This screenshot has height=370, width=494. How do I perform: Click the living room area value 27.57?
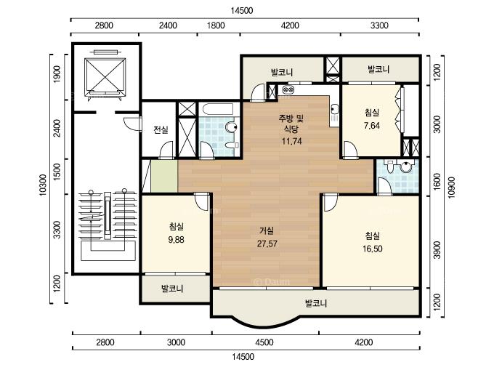coord(267,244)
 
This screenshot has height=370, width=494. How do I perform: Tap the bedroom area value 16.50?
coord(373,249)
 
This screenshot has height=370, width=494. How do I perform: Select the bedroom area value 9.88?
coord(176,240)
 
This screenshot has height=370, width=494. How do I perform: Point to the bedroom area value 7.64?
coord(372,126)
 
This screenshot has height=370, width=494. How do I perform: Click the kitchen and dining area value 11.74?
coord(292,141)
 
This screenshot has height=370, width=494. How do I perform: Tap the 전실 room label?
coord(161,129)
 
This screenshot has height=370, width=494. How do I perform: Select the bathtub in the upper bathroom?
coord(218,109)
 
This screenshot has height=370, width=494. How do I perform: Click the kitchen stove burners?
coord(288,90)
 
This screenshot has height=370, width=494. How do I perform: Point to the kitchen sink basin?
coord(335,109)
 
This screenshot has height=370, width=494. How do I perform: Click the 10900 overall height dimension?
coord(451,188)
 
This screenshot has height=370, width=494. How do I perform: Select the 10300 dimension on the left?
coord(43,185)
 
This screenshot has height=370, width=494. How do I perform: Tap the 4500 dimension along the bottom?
coord(264,342)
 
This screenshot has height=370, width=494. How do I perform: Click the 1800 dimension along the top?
coord(216,25)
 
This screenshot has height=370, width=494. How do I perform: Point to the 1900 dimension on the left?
coord(57,74)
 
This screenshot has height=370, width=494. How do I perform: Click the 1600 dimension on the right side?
coord(437,182)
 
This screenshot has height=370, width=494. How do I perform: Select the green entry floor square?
coord(164,176)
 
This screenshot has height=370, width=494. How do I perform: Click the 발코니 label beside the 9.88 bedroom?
coord(172,289)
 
